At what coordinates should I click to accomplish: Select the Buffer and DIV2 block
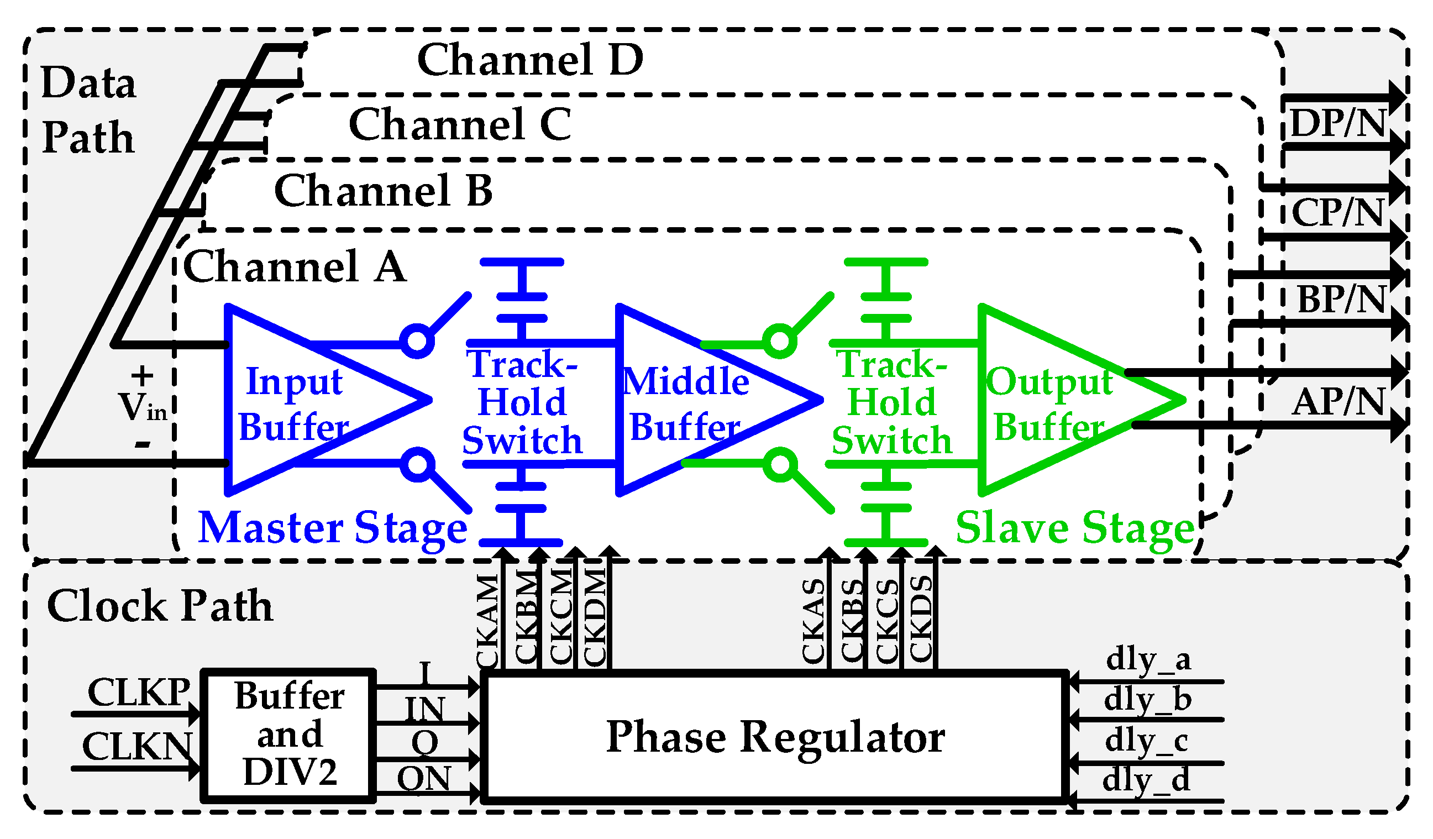(x=289, y=735)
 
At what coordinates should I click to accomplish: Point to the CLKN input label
(x=137, y=746)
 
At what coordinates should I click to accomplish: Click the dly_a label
(x=1147, y=660)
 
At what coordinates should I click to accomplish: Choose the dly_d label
(x=1145, y=780)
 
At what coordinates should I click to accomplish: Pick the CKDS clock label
(x=921, y=620)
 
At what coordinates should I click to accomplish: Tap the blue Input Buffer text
(x=294, y=404)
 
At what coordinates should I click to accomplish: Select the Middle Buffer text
(x=685, y=404)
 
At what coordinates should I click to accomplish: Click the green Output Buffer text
(x=1049, y=404)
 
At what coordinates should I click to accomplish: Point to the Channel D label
(x=530, y=60)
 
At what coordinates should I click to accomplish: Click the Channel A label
(x=295, y=266)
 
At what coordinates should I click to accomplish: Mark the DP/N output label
(x=1337, y=123)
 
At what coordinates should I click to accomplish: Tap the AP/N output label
(x=1337, y=402)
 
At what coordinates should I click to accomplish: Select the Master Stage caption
(x=333, y=528)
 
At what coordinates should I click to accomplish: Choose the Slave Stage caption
(x=1075, y=528)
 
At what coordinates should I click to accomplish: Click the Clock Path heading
(x=160, y=606)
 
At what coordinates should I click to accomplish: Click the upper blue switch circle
(x=417, y=341)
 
